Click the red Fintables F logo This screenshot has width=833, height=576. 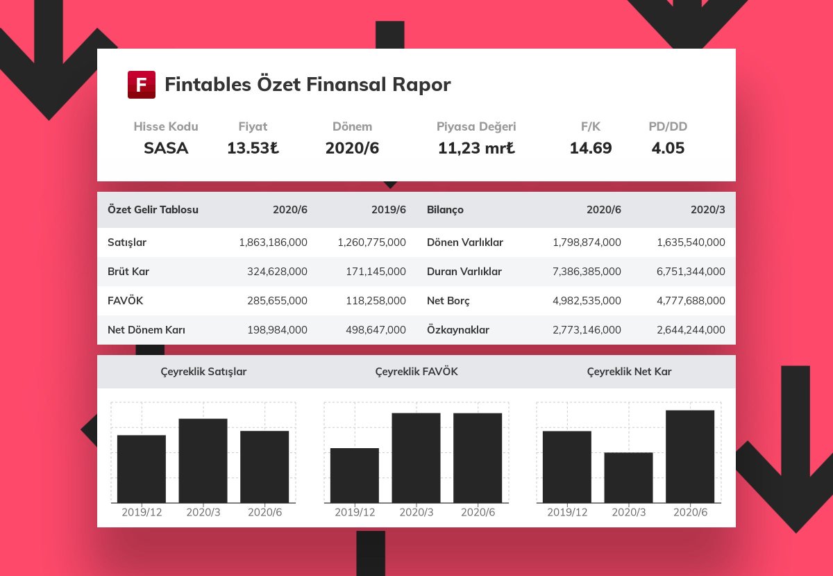coord(142,85)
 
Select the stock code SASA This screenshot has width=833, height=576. coord(166,148)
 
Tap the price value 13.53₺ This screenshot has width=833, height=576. coord(253,148)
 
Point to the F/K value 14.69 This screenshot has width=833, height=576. coord(591,148)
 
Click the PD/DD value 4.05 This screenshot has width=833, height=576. coord(668,148)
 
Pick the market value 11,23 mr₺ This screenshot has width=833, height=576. coord(476,148)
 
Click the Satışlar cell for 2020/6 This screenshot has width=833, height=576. coord(273,242)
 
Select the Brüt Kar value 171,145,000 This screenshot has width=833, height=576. coord(376,272)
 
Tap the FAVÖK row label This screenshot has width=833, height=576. coord(126,301)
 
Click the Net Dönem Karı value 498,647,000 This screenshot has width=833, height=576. coord(376,330)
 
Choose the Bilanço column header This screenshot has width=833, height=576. coord(445,210)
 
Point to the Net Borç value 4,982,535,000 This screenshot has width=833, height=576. coord(587,301)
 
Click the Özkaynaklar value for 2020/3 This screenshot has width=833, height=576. coord(691,330)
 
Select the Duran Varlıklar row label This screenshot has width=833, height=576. coord(464,272)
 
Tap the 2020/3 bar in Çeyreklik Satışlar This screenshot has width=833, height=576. coord(203,460)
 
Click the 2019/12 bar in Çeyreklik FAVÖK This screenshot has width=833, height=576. coord(354,475)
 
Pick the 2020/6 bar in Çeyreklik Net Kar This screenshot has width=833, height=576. coord(690,456)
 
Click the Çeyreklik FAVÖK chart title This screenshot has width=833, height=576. coord(416,372)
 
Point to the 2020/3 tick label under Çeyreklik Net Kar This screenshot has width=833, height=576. coord(628,512)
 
